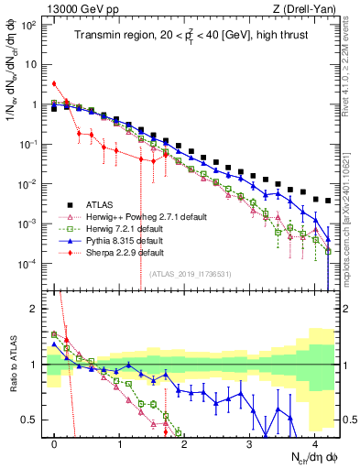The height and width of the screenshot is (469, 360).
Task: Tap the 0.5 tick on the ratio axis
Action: pyautogui.click(x=30, y=420)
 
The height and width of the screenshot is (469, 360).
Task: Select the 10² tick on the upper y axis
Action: pyautogui.click(x=29, y=25)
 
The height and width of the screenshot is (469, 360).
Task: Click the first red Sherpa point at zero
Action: pyautogui.click(x=55, y=84)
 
